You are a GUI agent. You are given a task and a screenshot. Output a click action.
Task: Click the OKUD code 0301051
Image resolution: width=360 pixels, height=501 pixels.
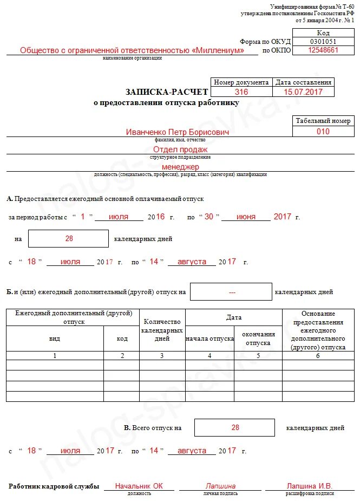coord(323,42)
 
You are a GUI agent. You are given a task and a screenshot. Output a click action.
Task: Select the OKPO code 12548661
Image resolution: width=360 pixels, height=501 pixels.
coord(323,50)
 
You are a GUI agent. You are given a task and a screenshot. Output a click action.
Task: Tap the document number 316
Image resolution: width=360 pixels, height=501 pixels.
coord(241,92)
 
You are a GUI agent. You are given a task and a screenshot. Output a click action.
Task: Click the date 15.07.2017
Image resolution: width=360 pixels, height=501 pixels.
coord(303,92)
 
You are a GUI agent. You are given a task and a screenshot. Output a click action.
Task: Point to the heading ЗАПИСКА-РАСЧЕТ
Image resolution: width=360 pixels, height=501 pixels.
coord(167,92)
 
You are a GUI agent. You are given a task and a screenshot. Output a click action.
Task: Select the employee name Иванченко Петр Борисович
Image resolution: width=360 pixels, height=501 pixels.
coord(177,132)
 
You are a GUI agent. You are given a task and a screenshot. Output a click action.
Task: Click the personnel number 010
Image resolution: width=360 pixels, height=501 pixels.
coord(323,132)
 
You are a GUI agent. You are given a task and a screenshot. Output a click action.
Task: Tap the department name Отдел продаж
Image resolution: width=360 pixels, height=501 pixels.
coord(180,149)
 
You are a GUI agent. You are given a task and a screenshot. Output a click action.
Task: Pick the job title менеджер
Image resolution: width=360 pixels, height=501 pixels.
coord(180,167)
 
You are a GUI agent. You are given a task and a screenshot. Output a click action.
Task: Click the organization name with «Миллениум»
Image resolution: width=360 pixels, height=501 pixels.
coord(132,50)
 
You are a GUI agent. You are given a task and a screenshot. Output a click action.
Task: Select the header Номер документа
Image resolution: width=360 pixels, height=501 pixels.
coord(241,82)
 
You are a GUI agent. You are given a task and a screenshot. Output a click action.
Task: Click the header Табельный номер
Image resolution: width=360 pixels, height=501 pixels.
coord(323,121)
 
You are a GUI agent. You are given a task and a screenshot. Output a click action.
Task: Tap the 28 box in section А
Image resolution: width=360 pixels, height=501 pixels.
coord(69,238)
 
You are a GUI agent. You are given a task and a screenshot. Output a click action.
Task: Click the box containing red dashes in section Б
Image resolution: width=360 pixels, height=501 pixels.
coord(232,292)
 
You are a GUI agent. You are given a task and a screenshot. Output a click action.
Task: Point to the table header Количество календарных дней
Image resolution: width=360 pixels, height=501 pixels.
coord(162,330)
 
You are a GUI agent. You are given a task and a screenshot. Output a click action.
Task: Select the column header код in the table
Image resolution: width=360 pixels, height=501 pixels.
coord(122,339)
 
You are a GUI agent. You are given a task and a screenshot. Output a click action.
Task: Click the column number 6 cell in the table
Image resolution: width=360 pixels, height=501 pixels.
coord(318,356)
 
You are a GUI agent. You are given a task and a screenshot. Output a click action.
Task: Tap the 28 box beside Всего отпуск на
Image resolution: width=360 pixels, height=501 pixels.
coord(235,427)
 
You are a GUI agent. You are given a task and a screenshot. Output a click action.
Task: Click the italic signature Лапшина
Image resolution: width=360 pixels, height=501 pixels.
coord(220,486)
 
